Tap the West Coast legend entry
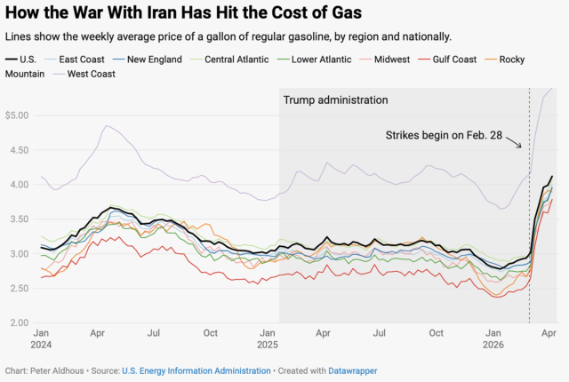(85, 73)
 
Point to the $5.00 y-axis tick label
(17, 115)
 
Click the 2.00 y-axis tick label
(19, 322)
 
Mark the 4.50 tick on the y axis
(19, 150)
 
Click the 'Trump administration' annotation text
(335, 99)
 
